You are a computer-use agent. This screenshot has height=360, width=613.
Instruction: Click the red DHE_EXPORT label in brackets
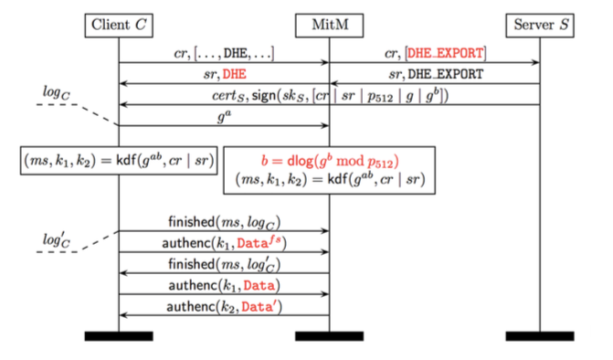tap(445, 53)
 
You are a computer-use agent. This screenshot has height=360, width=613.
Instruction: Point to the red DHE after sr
tap(235, 74)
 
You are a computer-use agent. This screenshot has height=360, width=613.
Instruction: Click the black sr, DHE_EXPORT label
tap(436, 74)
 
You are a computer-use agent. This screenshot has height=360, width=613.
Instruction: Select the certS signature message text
tap(331, 96)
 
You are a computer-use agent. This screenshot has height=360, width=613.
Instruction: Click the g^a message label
tap(224, 116)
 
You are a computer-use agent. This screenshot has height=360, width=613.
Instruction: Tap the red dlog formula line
tap(330, 161)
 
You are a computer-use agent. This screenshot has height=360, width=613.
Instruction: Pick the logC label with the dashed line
tap(57, 93)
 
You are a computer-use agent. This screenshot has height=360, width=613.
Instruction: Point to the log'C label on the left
tap(57, 239)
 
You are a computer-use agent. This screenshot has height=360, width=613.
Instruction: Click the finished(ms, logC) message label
tap(225, 222)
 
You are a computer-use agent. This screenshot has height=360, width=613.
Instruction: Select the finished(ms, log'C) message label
tap(225, 264)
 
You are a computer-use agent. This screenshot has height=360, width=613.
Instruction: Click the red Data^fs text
tap(259, 242)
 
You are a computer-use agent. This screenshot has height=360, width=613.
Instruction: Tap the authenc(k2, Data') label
tap(225, 307)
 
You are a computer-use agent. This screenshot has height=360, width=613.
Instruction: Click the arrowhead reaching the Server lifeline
tap(535, 62)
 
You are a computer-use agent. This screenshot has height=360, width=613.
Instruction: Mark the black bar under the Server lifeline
tap(540, 336)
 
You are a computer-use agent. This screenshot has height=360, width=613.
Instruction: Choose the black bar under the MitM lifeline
tap(329, 336)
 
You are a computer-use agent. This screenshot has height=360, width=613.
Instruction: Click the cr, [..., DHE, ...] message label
tap(224, 53)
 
